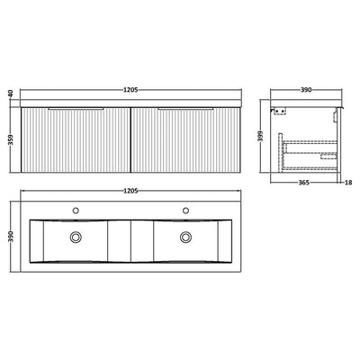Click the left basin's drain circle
(x=75, y=237)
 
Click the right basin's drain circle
(x=186, y=237)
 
